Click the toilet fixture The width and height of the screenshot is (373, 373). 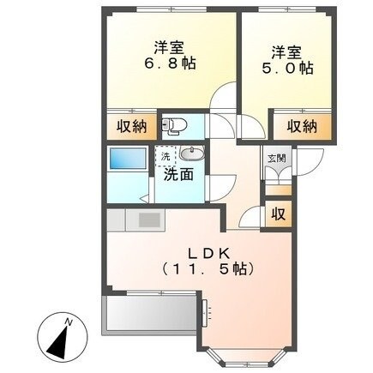pos(176,126)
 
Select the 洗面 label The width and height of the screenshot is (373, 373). pos(177,174)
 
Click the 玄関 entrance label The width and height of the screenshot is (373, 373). pos(274,158)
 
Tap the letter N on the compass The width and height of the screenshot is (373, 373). pos(73,321)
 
